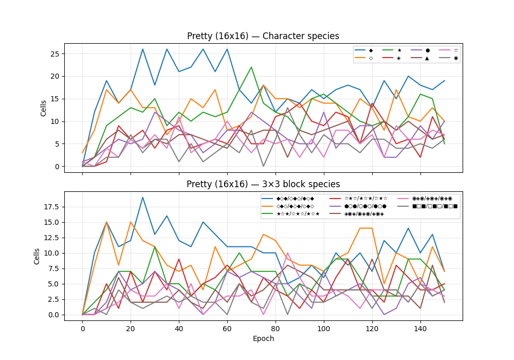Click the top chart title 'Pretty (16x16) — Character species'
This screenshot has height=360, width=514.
[x=263, y=36]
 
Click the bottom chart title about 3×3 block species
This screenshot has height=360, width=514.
[x=263, y=184]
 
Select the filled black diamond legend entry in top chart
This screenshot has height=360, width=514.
[x=371, y=50]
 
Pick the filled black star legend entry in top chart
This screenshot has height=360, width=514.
[x=399, y=50]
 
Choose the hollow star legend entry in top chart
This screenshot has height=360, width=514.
[x=456, y=50]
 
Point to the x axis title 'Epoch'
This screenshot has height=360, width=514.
[x=263, y=338]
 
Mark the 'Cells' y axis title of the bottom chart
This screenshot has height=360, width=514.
[x=36, y=256]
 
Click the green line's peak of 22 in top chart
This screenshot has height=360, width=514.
[x=251, y=67]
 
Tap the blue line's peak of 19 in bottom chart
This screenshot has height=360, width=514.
[x=143, y=197]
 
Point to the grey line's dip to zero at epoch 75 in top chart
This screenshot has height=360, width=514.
[x=264, y=166]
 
